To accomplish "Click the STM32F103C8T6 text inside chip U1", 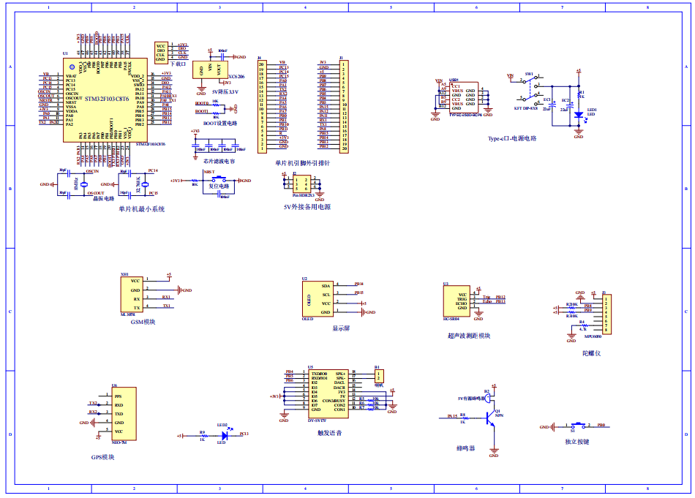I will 107,99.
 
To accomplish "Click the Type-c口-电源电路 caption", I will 512,138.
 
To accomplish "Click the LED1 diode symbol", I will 578,114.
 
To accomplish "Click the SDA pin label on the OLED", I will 326,285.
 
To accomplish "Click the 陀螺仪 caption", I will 591,353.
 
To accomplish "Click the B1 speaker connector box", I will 378,377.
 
